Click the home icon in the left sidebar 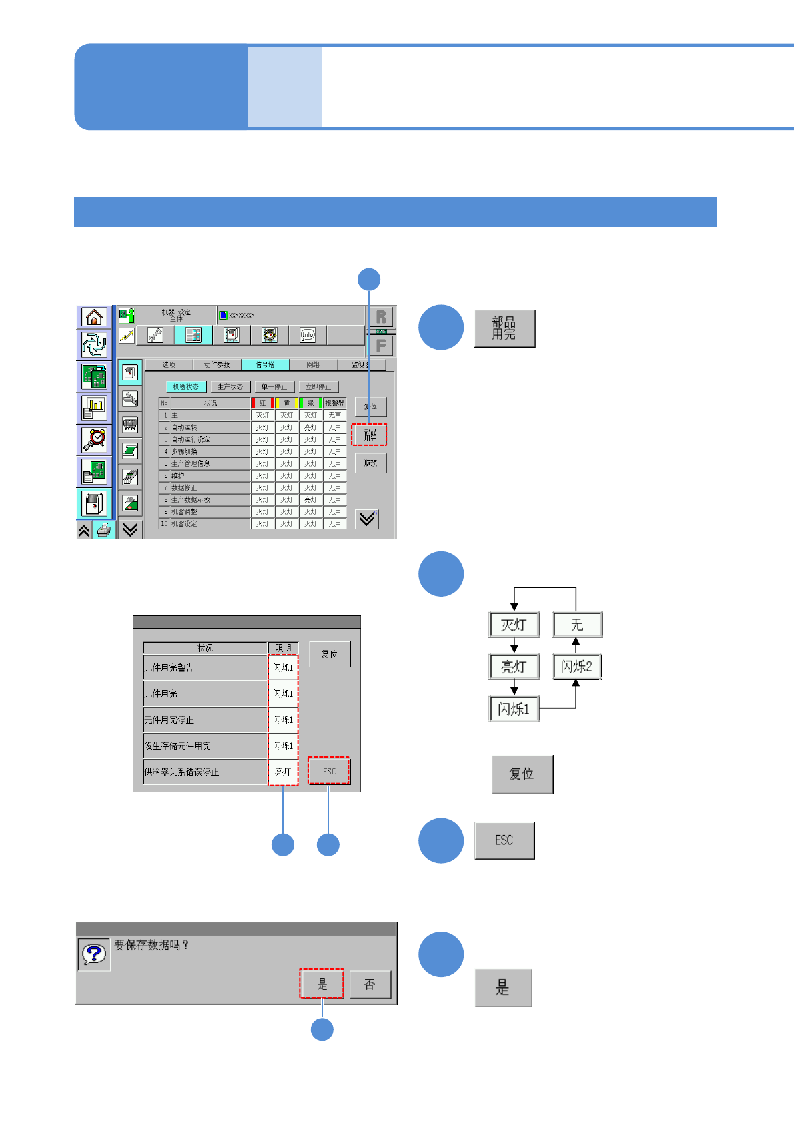pos(94,316)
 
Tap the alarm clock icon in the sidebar pos(94,439)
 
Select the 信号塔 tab pos(265,364)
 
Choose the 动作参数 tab pos(217,364)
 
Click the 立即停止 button pos(318,386)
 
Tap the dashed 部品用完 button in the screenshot pos(370,435)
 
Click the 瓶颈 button pos(370,463)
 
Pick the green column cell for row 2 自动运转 pos(310,427)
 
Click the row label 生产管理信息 pos(210,463)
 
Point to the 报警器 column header pos(334,403)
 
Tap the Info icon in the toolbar pos(307,334)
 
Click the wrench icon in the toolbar pos(155,334)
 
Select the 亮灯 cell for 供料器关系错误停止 pos(283,772)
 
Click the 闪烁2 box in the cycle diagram pos(576,666)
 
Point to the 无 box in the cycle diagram pos(577,625)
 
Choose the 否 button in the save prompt pos(370,985)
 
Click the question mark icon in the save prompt pos(94,954)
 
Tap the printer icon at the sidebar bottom pos(104,531)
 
